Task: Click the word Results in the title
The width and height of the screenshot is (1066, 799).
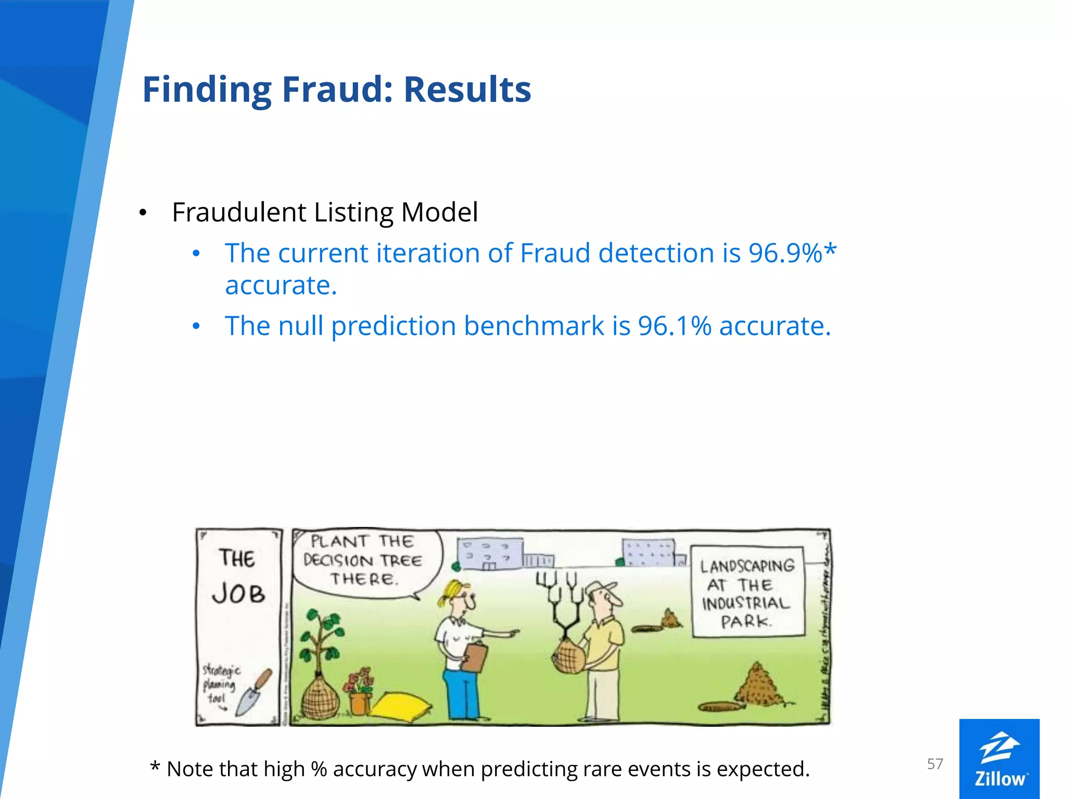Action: (467, 89)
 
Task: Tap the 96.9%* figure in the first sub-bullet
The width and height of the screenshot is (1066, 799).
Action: (792, 253)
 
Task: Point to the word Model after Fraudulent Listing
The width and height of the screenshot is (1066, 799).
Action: (439, 212)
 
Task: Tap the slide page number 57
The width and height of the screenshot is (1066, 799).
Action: (935, 764)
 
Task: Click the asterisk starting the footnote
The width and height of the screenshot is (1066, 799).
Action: (155, 767)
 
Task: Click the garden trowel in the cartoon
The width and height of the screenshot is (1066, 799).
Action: (253, 692)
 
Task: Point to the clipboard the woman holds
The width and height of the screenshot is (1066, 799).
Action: (473, 657)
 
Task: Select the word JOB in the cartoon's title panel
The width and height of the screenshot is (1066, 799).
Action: (238, 594)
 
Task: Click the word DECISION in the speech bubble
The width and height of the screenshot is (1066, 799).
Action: (338, 560)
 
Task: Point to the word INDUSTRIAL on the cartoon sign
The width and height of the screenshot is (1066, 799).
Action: (746, 603)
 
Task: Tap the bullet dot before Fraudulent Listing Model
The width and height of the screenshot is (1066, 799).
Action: (143, 213)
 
